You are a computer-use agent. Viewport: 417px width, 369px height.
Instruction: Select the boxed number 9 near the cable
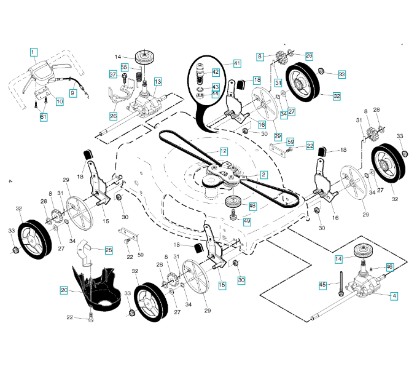72,93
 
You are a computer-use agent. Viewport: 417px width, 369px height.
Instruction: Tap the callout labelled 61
44,117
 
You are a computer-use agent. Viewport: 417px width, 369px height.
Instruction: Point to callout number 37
113,74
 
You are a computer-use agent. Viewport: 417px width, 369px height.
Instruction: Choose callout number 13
158,81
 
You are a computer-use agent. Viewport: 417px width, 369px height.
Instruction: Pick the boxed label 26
114,116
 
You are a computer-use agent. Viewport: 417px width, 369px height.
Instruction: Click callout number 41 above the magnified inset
237,63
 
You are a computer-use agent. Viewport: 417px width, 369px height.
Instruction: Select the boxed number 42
216,73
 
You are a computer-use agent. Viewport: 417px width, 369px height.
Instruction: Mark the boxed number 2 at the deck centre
263,175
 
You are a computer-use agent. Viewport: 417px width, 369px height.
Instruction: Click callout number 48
253,205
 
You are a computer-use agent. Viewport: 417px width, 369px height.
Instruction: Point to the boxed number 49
247,221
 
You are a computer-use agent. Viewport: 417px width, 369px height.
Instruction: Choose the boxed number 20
64,290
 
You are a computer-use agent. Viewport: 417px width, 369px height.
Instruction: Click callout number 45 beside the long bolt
322,284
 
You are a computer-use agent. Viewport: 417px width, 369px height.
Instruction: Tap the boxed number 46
389,266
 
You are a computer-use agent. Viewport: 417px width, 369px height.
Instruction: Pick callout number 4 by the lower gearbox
394,295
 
